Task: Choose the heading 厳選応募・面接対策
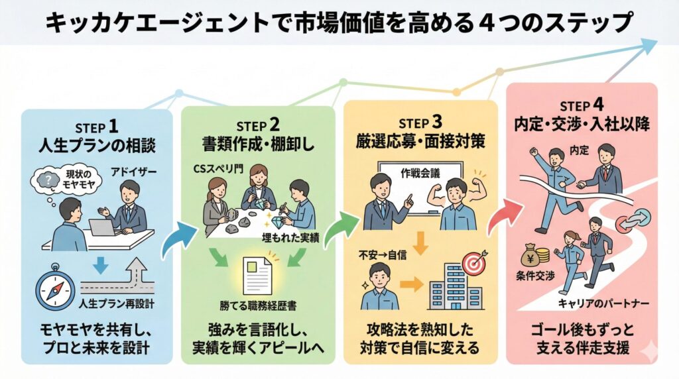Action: (x=420, y=142)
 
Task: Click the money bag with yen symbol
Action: (x=532, y=254)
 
